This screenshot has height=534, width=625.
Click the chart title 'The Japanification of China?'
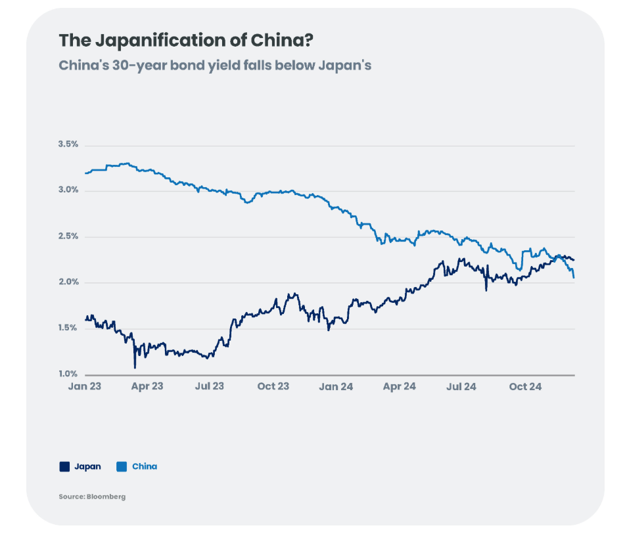(186, 41)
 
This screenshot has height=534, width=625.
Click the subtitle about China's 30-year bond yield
(215, 66)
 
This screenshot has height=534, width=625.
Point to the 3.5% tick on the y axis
(68, 144)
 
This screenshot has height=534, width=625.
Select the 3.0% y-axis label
(68, 190)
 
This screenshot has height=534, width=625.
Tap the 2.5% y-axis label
(68, 236)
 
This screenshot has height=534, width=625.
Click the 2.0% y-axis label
(68, 282)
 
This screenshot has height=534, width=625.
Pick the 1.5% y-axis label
(68, 328)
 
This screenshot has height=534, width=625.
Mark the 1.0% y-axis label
(68, 374)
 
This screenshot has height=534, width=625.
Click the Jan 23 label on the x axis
(85, 386)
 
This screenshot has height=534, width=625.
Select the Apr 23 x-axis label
(147, 386)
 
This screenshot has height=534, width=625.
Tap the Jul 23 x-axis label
(208, 386)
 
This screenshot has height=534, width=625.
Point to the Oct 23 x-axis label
(273, 386)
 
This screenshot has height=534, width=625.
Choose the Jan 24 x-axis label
(336, 386)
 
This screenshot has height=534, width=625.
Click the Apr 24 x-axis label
(399, 386)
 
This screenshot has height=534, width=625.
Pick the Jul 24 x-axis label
(461, 386)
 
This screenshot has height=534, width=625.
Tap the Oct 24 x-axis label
(525, 386)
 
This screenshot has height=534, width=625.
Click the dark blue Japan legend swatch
(64, 467)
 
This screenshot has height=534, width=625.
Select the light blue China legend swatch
(122, 467)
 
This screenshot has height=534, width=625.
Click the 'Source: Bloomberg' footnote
(92, 497)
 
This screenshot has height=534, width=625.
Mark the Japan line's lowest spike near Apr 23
(135, 367)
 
